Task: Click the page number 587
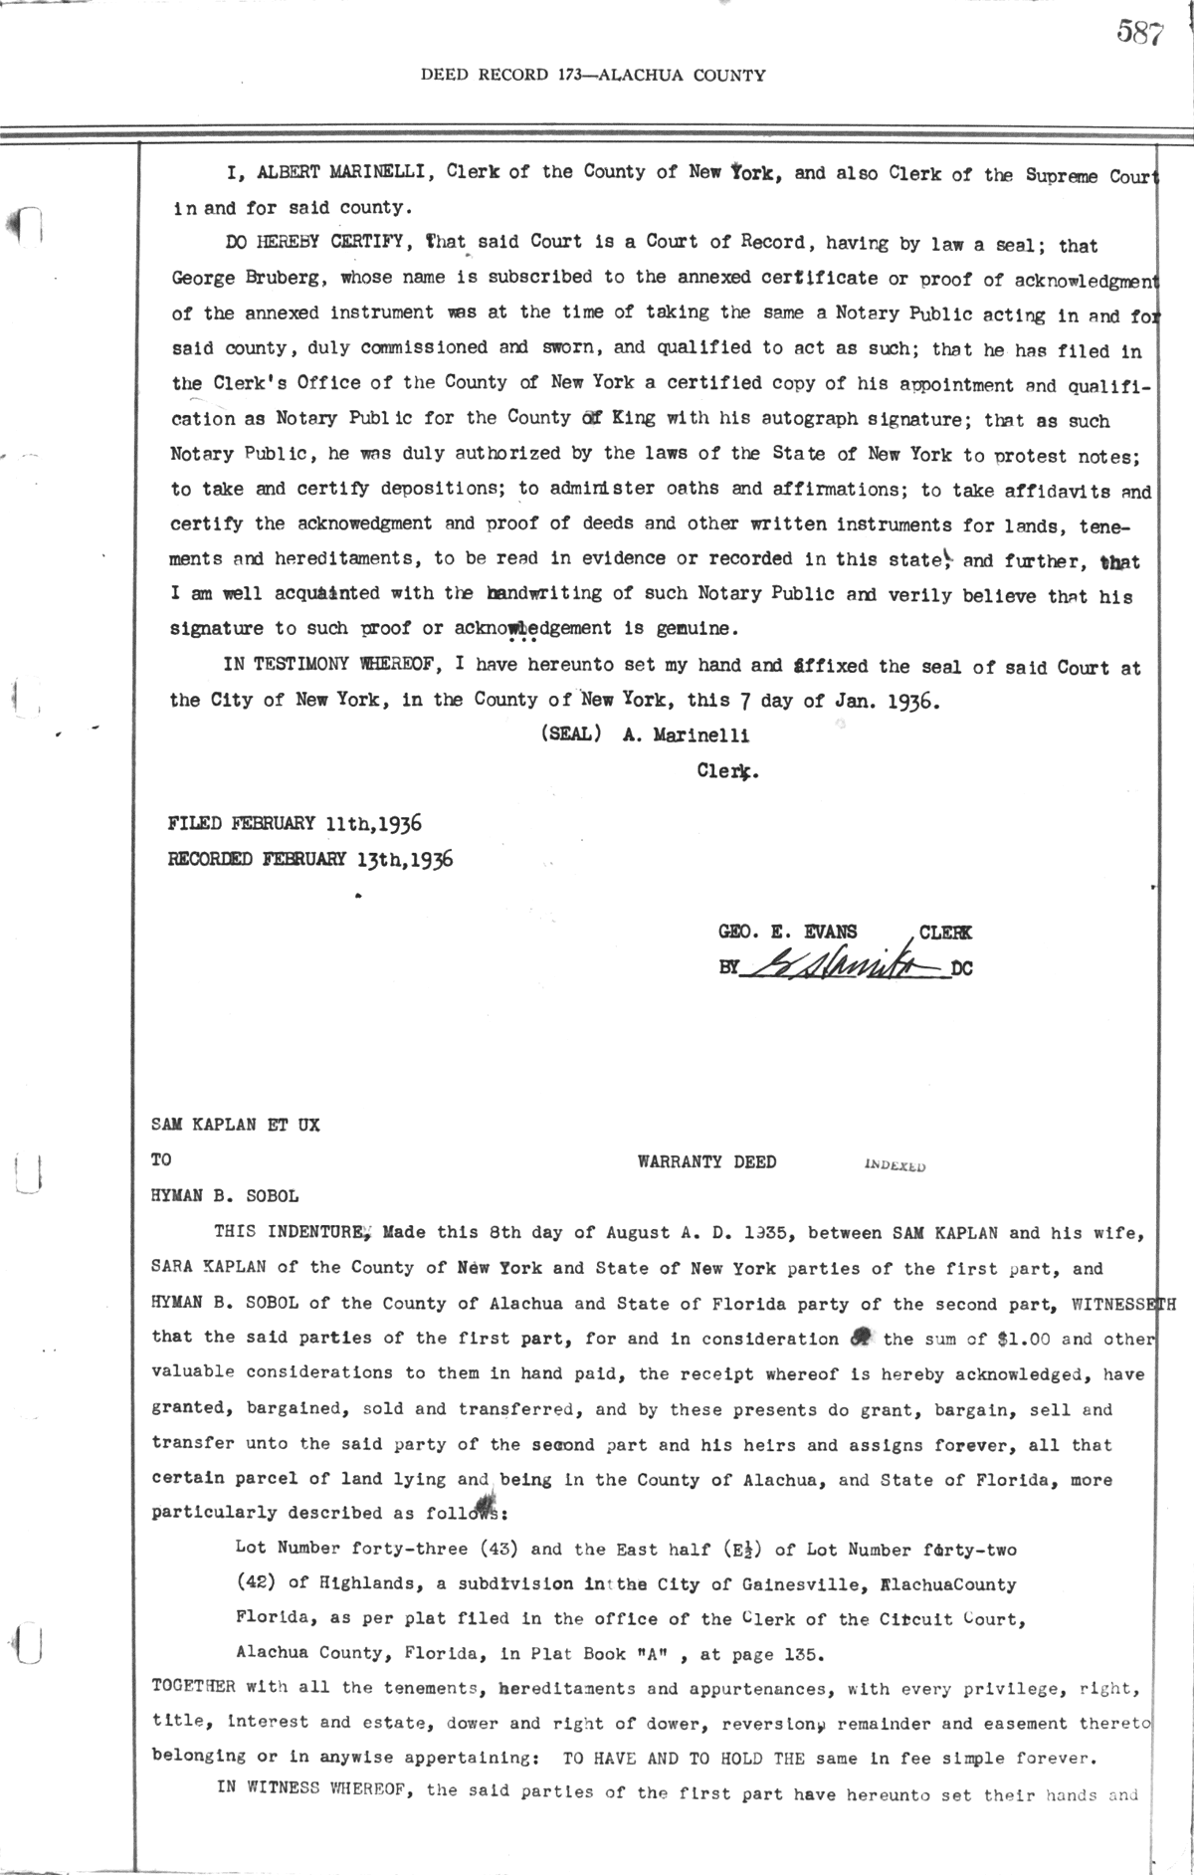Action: (1139, 34)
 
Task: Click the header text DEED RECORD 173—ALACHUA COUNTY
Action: (593, 75)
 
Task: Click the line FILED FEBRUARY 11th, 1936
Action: (296, 823)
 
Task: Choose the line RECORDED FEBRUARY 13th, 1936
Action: (310, 859)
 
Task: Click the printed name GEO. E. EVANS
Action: (787, 933)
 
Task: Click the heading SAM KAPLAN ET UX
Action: (236, 1125)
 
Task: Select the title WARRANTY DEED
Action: (706, 1161)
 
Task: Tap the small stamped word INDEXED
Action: (890, 1164)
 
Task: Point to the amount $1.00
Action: (997, 1339)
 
